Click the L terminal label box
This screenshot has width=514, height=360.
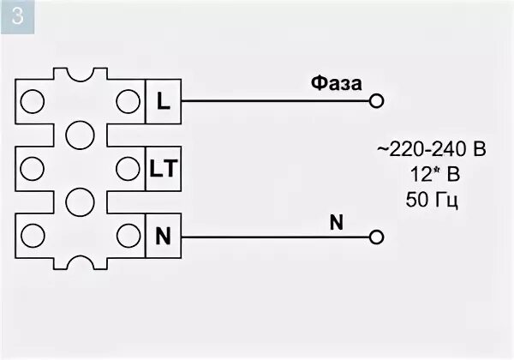163,100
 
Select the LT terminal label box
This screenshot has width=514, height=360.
163,168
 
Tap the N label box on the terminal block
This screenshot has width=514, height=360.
163,234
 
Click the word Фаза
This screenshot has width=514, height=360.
337,83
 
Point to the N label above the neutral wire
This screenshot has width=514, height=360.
336,222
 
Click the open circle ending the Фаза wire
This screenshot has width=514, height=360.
376,100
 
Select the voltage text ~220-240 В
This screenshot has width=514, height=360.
432,151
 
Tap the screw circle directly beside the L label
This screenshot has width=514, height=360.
128,100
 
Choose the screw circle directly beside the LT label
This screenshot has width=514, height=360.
128,167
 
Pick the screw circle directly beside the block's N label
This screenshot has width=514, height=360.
128,234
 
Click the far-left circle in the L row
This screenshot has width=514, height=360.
32,100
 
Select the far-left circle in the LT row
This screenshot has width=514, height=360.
32,167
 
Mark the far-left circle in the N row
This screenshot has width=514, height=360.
32,234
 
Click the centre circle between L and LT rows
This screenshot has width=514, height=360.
80,134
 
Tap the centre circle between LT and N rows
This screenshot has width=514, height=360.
80,201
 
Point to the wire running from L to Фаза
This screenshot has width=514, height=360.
274,100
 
